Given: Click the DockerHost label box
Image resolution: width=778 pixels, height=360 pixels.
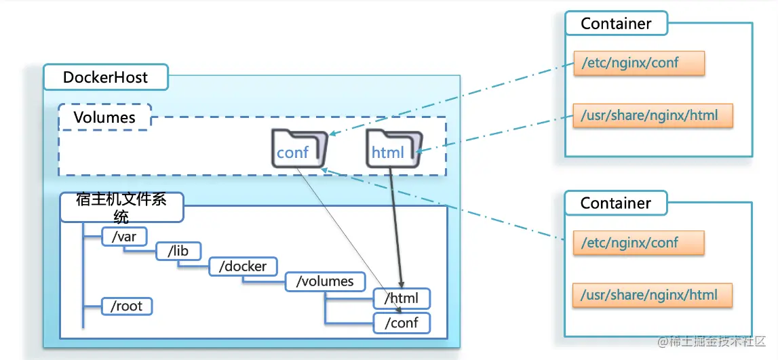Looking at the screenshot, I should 105,77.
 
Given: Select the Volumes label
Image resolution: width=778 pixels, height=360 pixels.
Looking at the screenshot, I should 104,117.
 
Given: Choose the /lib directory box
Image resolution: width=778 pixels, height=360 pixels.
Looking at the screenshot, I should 178,251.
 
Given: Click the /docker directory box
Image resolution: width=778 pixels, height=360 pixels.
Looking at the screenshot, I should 243,266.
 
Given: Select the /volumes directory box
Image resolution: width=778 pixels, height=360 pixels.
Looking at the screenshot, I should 324,281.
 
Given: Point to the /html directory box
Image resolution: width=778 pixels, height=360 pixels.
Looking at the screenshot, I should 402,298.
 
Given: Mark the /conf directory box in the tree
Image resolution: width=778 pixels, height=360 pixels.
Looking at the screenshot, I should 402,322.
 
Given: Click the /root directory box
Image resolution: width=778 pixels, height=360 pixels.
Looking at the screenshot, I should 126,306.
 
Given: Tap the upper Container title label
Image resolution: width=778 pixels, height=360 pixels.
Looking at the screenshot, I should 616,24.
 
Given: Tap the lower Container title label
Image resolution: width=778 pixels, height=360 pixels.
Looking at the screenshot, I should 616,203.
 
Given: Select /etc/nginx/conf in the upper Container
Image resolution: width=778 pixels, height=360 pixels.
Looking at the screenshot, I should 639,63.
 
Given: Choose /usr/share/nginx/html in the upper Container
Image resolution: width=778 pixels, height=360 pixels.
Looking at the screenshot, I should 653,115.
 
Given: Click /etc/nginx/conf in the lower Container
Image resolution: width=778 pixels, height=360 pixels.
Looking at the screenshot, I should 639,242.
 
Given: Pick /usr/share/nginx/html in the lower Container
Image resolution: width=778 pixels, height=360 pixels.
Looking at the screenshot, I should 653,295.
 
